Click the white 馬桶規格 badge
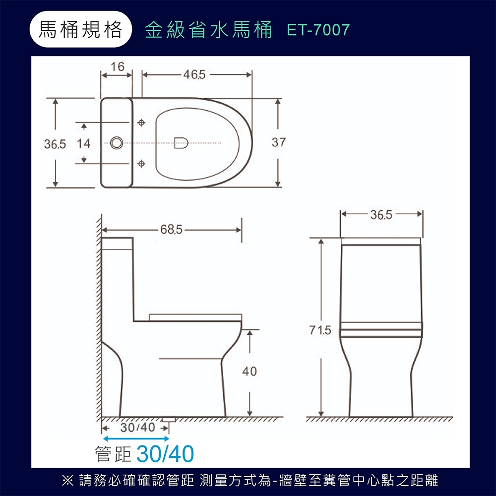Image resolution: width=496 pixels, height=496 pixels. click(81, 30)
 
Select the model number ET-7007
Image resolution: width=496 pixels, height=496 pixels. click(318, 30)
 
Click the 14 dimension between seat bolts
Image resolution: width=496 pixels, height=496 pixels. click(84, 144)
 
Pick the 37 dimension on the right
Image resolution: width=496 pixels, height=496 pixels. click(279, 143)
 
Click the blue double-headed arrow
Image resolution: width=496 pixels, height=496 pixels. click(136, 438)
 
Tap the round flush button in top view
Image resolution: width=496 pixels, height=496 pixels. click(117, 142)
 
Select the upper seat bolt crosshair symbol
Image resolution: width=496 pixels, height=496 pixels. click(142, 122)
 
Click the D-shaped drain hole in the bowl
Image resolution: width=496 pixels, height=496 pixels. click(181, 142)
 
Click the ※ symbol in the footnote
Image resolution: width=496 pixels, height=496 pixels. click(66, 480)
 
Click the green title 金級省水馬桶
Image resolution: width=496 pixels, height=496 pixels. click(208, 30)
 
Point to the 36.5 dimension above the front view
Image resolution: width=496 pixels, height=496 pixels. click(381, 215)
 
